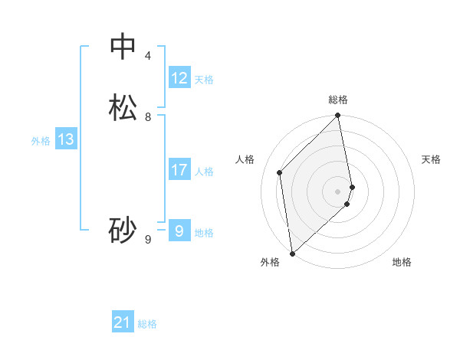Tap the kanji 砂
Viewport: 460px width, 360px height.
pyautogui.click(x=123, y=230)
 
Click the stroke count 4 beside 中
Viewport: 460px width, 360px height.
pyautogui.click(x=148, y=56)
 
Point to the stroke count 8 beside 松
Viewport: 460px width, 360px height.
pyautogui.click(x=148, y=117)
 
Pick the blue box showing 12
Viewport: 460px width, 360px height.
pyautogui.click(x=179, y=78)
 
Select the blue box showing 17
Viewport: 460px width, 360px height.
pyautogui.click(x=179, y=170)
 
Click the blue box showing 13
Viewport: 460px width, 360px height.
pyautogui.click(x=66, y=139)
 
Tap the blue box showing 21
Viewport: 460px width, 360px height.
pyautogui.click(x=123, y=323)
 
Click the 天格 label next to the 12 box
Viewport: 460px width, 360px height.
pyautogui.click(x=204, y=80)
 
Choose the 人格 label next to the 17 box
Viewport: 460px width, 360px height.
pyautogui.click(x=205, y=172)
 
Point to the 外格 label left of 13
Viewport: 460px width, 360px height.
pyautogui.click(x=41, y=141)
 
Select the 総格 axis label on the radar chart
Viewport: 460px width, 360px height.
pyautogui.click(x=338, y=100)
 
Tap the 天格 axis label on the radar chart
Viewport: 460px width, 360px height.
pyautogui.click(x=431, y=159)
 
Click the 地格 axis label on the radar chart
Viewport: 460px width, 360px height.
pyautogui.click(x=402, y=262)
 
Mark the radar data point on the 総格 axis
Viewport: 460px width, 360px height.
pyautogui.click(x=338, y=116)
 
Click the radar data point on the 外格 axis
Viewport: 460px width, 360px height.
pyautogui.click(x=292, y=253)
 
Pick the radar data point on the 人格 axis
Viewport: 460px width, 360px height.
pyautogui.click(x=280, y=172)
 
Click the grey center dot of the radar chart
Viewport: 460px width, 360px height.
pyautogui.click(x=338, y=191)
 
